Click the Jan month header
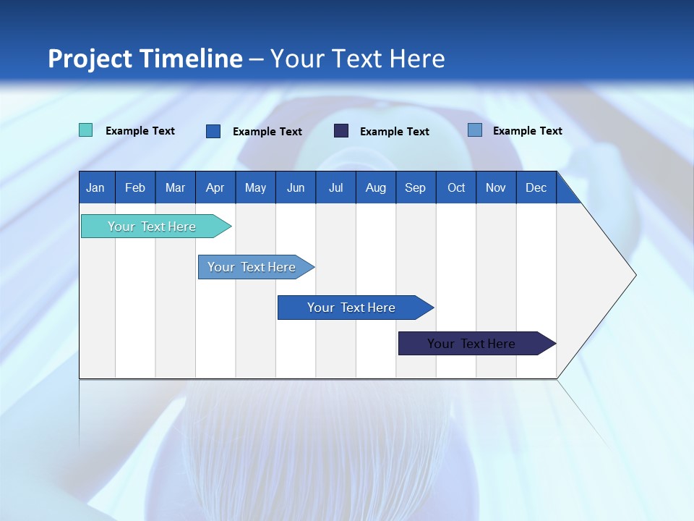click(x=95, y=188)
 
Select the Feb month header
click(x=135, y=188)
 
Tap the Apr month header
click(x=215, y=188)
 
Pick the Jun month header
click(x=296, y=188)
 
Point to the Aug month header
click(x=375, y=188)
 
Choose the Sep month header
click(x=415, y=188)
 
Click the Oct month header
click(x=456, y=188)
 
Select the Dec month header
click(x=536, y=188)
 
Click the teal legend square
click(x=85, y=130)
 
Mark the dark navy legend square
click(x=341, y=130)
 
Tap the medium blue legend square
click(x=213, y=131)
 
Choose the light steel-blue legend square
click(x=474, y=130)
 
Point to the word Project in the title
click(x=90, y=59)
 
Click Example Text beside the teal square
click(x=140, y=131)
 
